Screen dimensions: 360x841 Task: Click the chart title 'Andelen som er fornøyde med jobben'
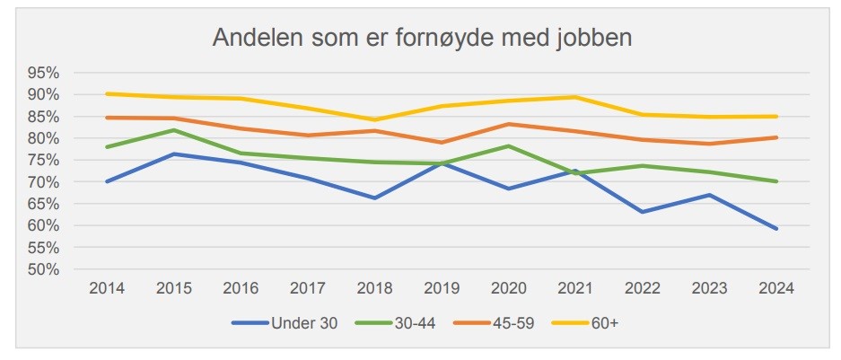(x=422, y=39)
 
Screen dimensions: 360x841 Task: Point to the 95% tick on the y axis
(x=43, y=73)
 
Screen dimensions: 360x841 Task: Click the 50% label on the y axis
(x=43, y=269)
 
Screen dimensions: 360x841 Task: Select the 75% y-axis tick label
(x=43, y=160)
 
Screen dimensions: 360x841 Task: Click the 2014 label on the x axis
(x=107, y=289)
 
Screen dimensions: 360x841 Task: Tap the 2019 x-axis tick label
(x=441, y=289)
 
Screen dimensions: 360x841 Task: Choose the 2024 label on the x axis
(x=775, y=289)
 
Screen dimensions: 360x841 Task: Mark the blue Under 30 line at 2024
(x=775, y=229)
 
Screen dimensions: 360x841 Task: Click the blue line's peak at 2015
(x=174, y=154)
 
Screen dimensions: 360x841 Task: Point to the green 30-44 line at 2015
(x=174, y=130)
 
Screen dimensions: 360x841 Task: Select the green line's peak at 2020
(x=508, y=145)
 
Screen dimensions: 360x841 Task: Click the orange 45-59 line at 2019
(x=441, y=143)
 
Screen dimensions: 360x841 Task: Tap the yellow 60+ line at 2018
(x=374, y=119)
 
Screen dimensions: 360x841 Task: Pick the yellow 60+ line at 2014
(x=107, y=93)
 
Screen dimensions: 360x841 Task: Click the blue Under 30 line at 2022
(x=641, y=212)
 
